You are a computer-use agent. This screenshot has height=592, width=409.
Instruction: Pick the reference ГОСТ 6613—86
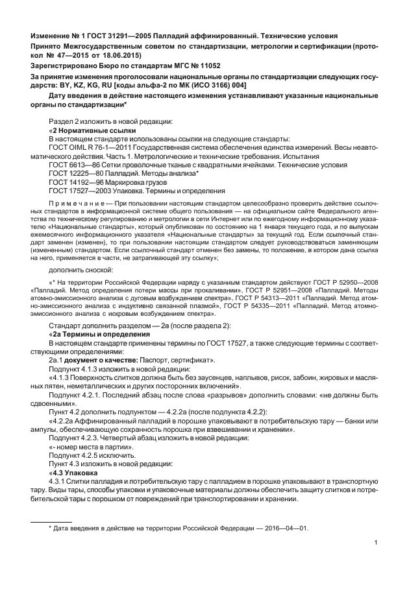pos(71,165)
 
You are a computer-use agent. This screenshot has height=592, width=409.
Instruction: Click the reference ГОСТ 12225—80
pos(73,174)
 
